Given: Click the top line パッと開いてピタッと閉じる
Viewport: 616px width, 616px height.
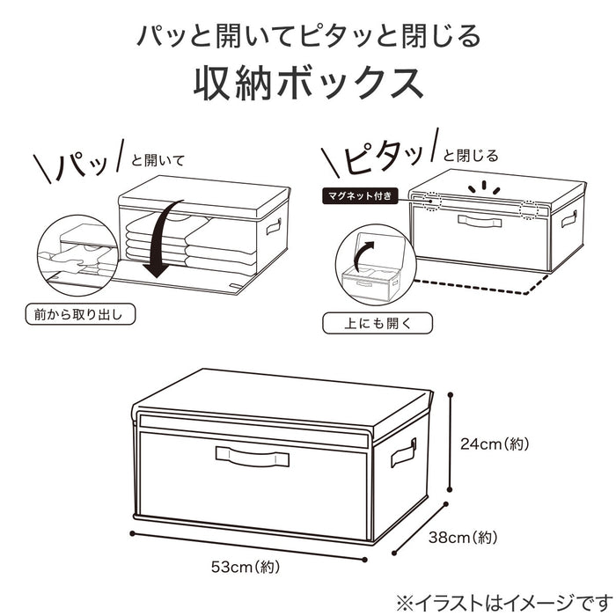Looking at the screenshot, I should click(308, 37).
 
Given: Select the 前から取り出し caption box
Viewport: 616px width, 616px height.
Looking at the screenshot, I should click(86, 312).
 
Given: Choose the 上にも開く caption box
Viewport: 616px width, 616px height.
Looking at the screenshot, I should click(378, 322).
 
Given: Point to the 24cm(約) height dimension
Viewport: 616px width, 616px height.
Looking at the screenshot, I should click(495, 444).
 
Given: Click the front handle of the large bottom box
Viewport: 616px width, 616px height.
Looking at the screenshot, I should click(252, 455).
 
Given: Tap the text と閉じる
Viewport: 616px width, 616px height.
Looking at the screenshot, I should click(471, 156).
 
